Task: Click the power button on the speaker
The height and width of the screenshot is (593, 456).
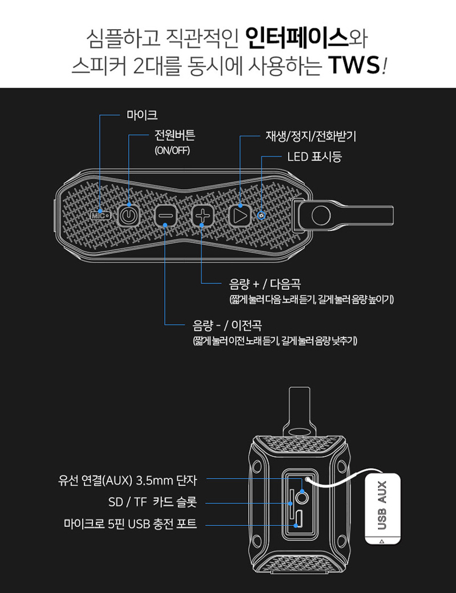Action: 129,216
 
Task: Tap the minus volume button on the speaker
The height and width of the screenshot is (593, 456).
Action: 165,216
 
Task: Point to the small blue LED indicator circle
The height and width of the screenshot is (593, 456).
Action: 261,216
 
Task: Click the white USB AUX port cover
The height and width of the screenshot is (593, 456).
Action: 382,508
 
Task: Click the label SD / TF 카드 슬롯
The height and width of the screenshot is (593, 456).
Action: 152,503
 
